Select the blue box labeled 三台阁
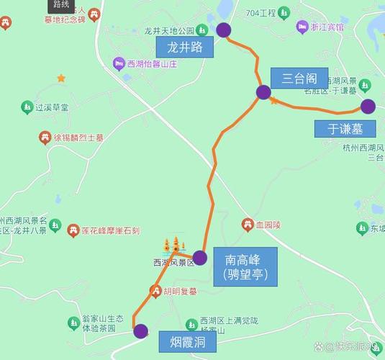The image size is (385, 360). [294, 77]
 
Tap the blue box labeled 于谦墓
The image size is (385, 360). [345, 129]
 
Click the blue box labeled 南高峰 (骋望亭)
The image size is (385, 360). [250, 266]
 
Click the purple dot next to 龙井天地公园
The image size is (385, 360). [224, 30]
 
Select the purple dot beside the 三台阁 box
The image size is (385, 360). [263, 91]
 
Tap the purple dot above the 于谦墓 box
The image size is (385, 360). [368, 107]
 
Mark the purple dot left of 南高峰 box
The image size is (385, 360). [200, 257]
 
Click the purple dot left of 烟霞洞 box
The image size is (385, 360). [140, 331]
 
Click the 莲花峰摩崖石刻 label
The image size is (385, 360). [109, 231]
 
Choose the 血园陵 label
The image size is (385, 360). [268, 225]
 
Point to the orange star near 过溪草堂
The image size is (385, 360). [61, 77]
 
